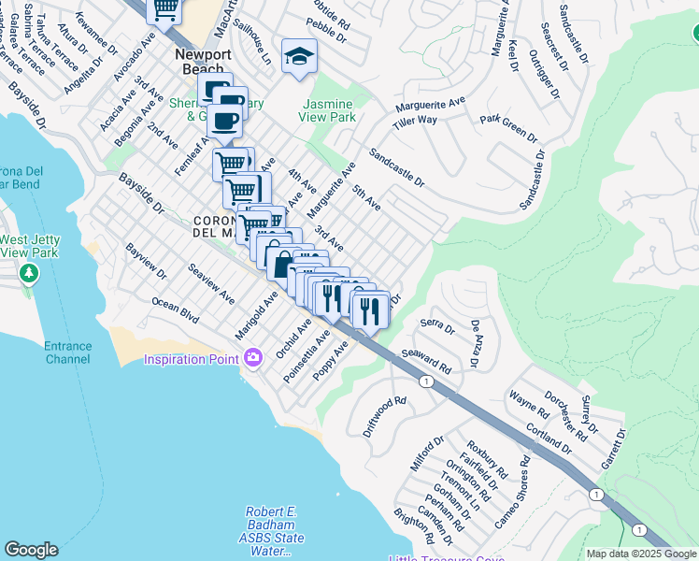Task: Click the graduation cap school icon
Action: tap(299, 57)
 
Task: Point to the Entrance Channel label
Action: tap(68, 352)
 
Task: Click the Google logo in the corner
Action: tap(31, 550)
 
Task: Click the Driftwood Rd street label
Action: tap(386, 416)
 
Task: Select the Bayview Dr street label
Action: tap(146, 261)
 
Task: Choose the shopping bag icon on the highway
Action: tap(280, 263)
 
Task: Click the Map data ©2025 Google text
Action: tap(641, 554)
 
